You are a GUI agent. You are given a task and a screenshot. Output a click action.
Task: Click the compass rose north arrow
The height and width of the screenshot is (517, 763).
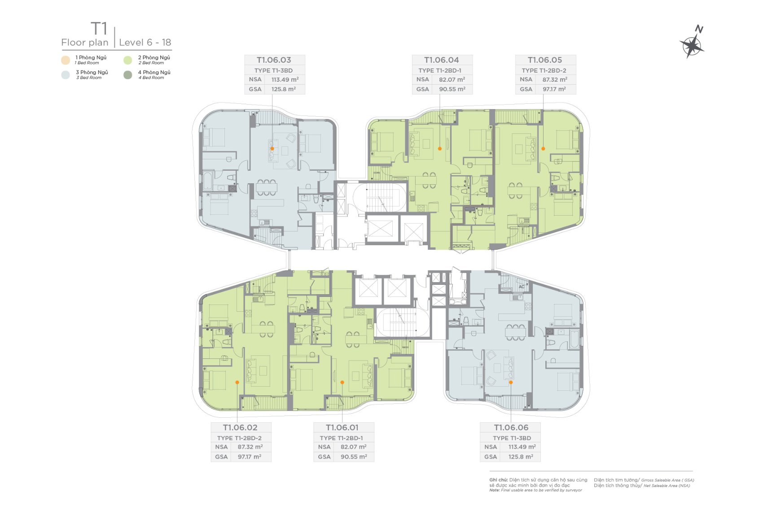coord(692,44)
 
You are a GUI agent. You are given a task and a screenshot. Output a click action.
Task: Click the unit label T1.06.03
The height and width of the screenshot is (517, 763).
coord(274,60)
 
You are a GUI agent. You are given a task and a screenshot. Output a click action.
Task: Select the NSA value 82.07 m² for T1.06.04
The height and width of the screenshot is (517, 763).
coord(452,80)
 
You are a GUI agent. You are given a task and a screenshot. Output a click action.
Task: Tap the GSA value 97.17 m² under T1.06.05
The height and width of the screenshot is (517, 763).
coord(554,89)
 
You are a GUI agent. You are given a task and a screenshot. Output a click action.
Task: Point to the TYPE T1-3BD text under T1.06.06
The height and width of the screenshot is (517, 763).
coord(512,438)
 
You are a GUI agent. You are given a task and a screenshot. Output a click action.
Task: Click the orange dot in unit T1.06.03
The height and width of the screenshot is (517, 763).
coord(272,149)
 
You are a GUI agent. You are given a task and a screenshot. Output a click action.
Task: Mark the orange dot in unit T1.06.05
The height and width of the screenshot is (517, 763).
coord(543,149)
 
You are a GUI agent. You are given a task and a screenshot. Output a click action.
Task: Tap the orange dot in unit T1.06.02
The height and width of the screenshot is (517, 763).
coord(237,382)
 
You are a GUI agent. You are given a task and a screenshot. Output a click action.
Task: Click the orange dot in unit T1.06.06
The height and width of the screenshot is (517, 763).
coord(511,382)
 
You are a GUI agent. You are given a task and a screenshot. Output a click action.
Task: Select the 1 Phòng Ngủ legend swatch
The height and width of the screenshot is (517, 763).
coord(66,60)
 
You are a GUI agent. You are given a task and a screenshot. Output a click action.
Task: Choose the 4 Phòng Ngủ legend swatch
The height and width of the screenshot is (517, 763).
coord(128,75)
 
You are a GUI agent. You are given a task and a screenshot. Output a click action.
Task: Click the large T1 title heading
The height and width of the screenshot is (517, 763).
coord(99,29)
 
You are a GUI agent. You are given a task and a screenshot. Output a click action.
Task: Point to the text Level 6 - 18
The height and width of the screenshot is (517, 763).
coord(145,43)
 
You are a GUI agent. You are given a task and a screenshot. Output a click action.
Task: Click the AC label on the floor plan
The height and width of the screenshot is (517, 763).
coord(522,287)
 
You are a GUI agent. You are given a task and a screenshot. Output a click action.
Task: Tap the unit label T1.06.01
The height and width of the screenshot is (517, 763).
coord(342,427)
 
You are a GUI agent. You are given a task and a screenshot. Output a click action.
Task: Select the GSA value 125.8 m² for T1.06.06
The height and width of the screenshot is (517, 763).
coord(521,457)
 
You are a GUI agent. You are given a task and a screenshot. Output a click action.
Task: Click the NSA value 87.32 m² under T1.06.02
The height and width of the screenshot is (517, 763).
coord(250,447)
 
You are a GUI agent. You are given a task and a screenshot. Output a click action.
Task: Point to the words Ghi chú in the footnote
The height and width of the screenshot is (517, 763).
coord(498,480)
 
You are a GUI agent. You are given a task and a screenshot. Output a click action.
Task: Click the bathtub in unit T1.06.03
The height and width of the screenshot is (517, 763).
coord(207,181)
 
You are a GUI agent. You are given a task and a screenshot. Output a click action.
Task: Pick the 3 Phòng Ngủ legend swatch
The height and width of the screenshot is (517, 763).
coord(66,75)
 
